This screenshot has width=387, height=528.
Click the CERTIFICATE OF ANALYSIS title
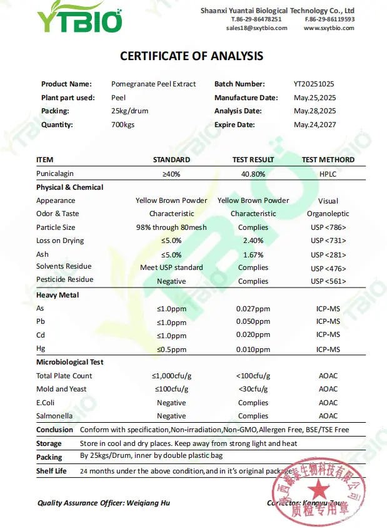click(191, 56)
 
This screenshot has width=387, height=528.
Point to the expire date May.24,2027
click(315, 125)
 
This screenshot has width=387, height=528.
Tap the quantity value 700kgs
click(123, 125)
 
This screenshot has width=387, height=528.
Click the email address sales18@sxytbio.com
click(257, 28)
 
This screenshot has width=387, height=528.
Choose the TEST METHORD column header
click(328, 160)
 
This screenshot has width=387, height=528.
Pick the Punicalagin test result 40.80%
click(253, 173)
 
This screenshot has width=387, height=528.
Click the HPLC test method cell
click(328, 173)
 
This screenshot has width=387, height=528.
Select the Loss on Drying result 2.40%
click(253, 241)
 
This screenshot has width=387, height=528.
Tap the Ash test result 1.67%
click(253, 255)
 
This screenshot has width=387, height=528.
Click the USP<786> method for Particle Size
click(328, 227)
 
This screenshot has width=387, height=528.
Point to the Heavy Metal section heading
click(58, 295)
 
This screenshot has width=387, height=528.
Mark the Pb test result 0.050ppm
click(253, 321)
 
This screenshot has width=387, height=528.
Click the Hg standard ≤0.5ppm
click(171, 349)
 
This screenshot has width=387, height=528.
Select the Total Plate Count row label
click(64, 376)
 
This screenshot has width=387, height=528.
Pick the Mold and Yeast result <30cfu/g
click(253, 389)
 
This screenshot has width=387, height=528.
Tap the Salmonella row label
click(54, 416)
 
